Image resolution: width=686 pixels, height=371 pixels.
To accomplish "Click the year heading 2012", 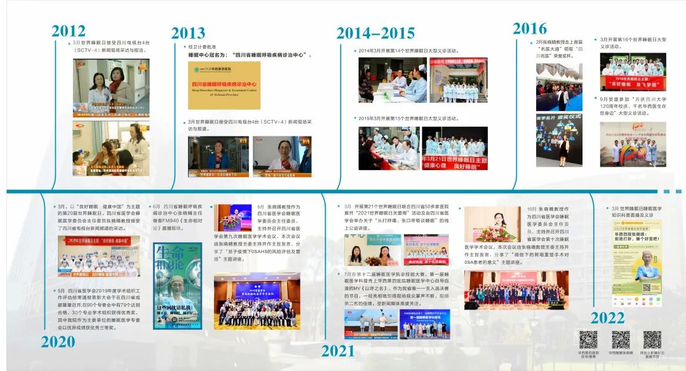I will click(x=69, y=30).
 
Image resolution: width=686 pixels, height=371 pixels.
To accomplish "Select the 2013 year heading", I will click(x=188, y=33).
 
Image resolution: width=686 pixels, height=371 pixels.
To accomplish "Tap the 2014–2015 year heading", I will click(x=375, y=33).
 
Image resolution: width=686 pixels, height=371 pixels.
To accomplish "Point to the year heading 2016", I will click(x=530, y=29).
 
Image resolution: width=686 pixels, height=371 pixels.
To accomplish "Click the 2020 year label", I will click(x=58, y=342).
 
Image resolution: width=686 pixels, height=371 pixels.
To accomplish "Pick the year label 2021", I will click(x=337, y=350).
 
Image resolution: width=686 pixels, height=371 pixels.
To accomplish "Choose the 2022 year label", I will click(x=607, y=318).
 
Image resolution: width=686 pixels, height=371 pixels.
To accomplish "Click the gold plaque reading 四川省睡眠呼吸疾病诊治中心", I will click(x=215, y=85).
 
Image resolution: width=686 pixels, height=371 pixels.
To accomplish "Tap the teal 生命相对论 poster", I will click(x=177, y=285).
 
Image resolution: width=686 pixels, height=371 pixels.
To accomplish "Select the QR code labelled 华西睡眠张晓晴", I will click(x=621, y=340).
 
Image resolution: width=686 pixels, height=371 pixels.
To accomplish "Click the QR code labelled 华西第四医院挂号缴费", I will click(x=588, y=340).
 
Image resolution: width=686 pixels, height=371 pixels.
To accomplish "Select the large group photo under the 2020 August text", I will click(x=257, y=301).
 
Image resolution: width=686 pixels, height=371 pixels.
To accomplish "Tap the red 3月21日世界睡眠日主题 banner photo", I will click(x=455, y=148).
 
